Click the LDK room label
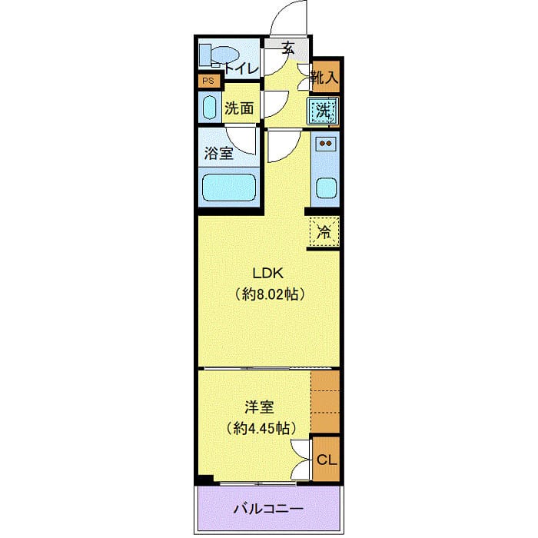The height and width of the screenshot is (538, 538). click(x=269, y=273)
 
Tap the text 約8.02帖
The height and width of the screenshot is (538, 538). click(x=270, y=294)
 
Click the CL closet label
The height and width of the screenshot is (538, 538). click(x=327, y=460)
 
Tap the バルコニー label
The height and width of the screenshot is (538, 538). click(x=268, y=509)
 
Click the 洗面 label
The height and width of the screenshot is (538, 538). click(x=239, y=108)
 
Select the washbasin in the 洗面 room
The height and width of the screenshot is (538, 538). click(x=209, y=107)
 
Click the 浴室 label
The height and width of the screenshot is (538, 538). click(x=219, y=153)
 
